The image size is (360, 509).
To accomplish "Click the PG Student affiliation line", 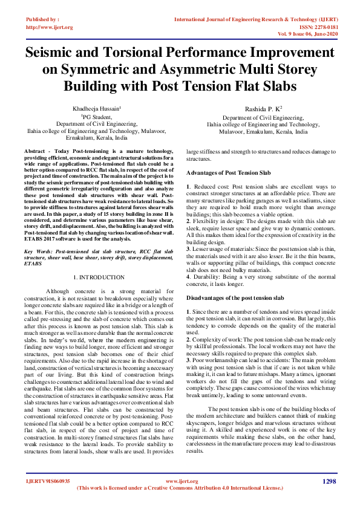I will [x=97, y=116].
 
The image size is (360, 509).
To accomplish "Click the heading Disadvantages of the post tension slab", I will [x=235, y=297].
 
